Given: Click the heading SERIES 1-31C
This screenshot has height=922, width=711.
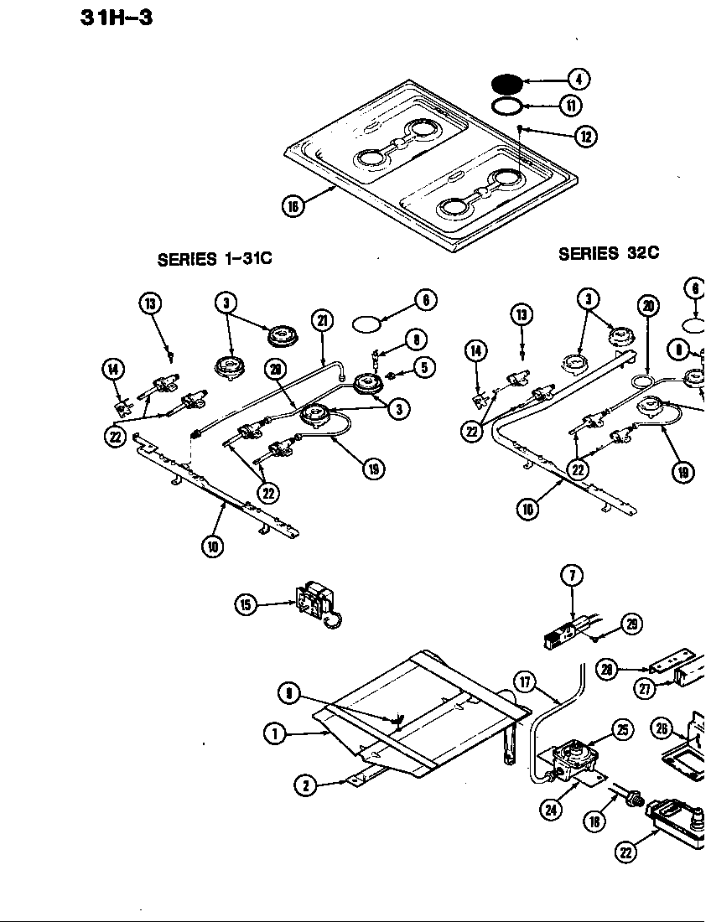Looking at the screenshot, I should [215, 260].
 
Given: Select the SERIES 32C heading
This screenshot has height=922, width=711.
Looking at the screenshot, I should [608, 254].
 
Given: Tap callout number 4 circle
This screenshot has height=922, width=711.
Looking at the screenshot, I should [578, 80].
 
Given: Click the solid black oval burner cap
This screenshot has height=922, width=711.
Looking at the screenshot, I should [506, 85].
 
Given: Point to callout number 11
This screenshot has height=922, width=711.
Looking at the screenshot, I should [569, 106].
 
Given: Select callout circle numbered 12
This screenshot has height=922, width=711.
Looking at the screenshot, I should [585, 136].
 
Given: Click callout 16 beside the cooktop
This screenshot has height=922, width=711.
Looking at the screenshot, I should [293, 206].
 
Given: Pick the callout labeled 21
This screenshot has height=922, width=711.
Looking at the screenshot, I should [322, 319].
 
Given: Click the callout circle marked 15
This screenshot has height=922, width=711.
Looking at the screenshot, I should [245, 604].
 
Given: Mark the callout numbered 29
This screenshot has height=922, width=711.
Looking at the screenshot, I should [631, 624].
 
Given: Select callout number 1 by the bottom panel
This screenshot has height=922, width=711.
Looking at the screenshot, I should [272, 733].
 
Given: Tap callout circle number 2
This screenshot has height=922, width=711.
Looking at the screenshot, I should [306, 785].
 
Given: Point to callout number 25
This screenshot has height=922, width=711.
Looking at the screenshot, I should [622, 730].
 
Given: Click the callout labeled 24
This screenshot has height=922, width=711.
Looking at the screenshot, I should [551, 809].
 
